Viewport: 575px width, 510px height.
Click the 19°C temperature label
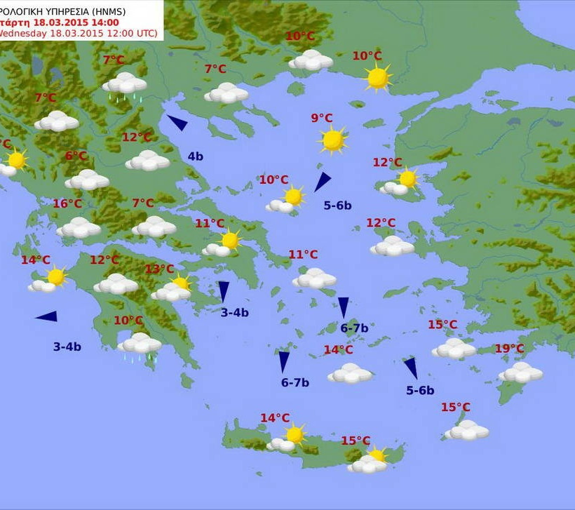[509, 349]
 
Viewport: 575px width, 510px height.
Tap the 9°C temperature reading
[322, 118]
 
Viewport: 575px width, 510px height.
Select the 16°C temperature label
[67, 204]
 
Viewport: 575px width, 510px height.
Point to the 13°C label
[159, 269]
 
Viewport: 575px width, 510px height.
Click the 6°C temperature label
[76, 156]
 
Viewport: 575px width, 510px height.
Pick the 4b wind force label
[195, 156]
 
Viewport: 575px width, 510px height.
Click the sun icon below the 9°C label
[332, 140]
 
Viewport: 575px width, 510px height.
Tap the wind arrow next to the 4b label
[177, 123]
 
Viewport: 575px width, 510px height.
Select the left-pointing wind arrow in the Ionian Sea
[46, 316]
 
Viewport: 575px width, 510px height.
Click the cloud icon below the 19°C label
[521, 372]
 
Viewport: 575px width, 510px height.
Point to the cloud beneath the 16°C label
[79, 227]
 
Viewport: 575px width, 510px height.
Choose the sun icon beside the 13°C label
[181, 283]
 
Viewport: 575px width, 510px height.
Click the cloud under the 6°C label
[87, 180]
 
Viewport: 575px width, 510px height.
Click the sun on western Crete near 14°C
[295, 434]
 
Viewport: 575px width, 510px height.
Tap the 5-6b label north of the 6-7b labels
[337, 206]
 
